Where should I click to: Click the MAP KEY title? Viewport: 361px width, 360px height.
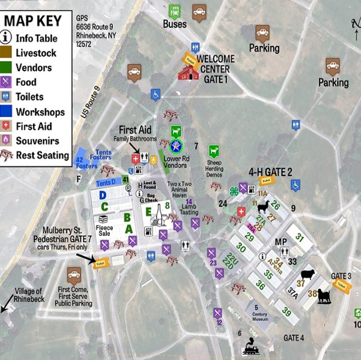[32, 21]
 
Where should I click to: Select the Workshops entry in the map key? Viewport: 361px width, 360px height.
[40, 112]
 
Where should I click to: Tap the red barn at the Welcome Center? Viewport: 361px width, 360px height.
[188, 72]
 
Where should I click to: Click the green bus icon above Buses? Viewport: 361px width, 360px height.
[175, 11]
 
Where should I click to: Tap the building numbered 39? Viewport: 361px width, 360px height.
[287, 312]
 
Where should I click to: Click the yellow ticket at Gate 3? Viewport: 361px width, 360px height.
[341, 286]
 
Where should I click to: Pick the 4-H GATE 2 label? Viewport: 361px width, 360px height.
[271, 172]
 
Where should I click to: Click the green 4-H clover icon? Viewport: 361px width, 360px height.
[234, 191]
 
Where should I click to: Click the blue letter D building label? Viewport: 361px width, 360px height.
[103, 195]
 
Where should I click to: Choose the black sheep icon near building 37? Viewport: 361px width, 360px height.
[307, 274]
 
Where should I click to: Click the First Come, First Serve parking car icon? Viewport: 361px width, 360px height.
[74, 277]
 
